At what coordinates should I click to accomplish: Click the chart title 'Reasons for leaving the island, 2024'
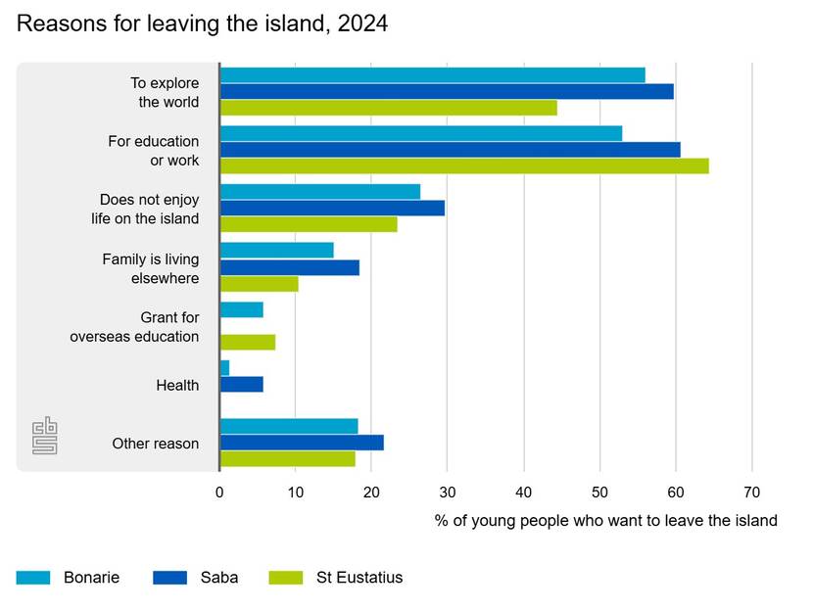click(x=202, y=24)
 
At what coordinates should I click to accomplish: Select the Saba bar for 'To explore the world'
click(x=447, y=92)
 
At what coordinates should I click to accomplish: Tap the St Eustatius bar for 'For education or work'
click(x=464, y=165)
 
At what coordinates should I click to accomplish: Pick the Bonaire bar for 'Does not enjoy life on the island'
click(x=320, y=192)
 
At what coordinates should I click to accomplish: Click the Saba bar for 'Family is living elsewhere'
click(x=290, y=267)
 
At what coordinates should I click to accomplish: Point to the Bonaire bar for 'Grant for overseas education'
click(x=242, y=310)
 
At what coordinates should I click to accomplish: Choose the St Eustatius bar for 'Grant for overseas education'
click(x=248, y=342)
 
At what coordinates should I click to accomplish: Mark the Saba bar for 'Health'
click(x=242, y=384)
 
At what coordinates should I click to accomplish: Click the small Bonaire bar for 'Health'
click(x=225, y=368)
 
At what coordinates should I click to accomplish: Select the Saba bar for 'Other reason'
click(x=302, y=443)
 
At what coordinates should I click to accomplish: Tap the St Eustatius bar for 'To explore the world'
click(x=389, y=108)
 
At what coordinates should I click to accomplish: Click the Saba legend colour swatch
click(x=169, y=578)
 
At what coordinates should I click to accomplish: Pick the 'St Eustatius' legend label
click(x=359, y=578)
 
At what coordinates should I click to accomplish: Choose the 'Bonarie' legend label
click(x=91, y=578)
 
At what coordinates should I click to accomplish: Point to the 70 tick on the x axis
click(x=752, y=492)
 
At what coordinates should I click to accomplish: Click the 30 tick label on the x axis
click(x=447, y=492)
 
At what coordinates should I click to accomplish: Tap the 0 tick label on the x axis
click(x=219, y=492)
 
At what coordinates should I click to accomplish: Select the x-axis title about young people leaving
click(x=605, y=521)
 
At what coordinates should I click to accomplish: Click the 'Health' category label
click(x=177, y=385)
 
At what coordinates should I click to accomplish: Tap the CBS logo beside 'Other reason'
click(x=45, y=436)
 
